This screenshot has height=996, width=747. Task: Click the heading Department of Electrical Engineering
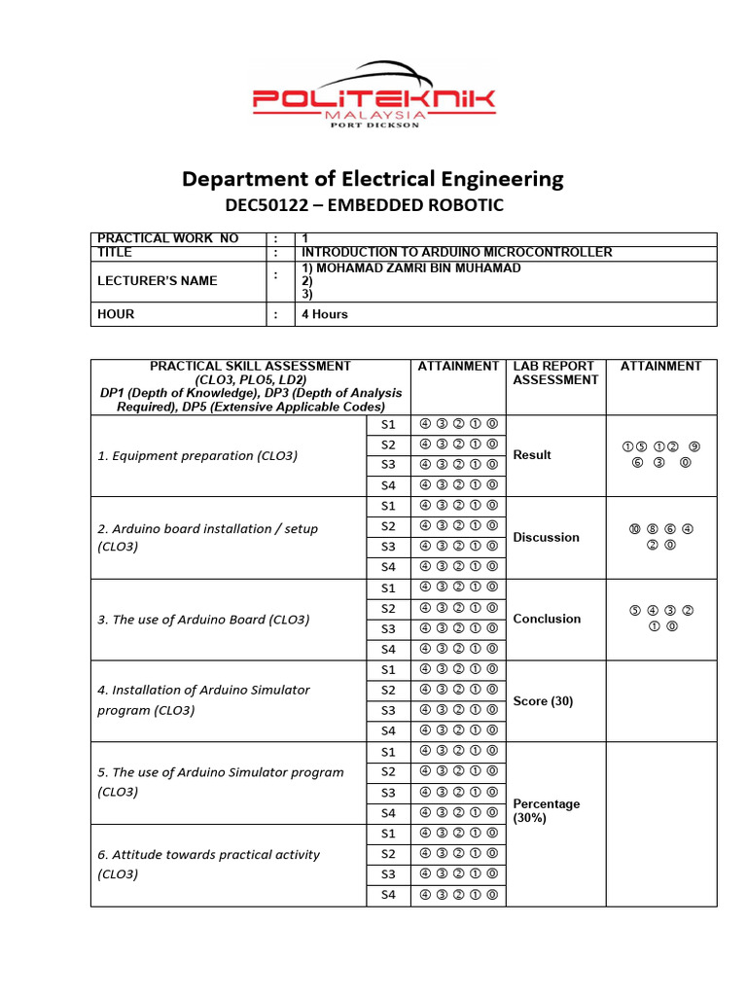coord(373,179)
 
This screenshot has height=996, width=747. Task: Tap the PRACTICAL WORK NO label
coord(167,238)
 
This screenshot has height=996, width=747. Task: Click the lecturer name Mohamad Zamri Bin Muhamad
coord(411,267)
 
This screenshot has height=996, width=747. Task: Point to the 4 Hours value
coord(324,314)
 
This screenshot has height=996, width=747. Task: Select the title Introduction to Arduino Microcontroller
coord(457,252)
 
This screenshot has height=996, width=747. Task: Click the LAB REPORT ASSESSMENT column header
coord(554,373)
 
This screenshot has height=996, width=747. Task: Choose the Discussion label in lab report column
coord(546,537)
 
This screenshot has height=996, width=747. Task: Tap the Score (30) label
coord(543,700)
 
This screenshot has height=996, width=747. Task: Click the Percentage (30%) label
coord(546,810)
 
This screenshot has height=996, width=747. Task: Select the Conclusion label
coord(547,619)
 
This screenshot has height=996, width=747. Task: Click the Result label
coord(532,454)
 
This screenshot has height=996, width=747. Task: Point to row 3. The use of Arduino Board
coord(203,620)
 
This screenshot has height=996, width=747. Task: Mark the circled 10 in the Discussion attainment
coord(634,529)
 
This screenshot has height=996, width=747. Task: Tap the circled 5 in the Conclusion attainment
coord(634,611)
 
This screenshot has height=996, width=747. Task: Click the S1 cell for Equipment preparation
coord(388,424)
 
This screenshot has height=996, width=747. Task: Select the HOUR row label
coord(116,314)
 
